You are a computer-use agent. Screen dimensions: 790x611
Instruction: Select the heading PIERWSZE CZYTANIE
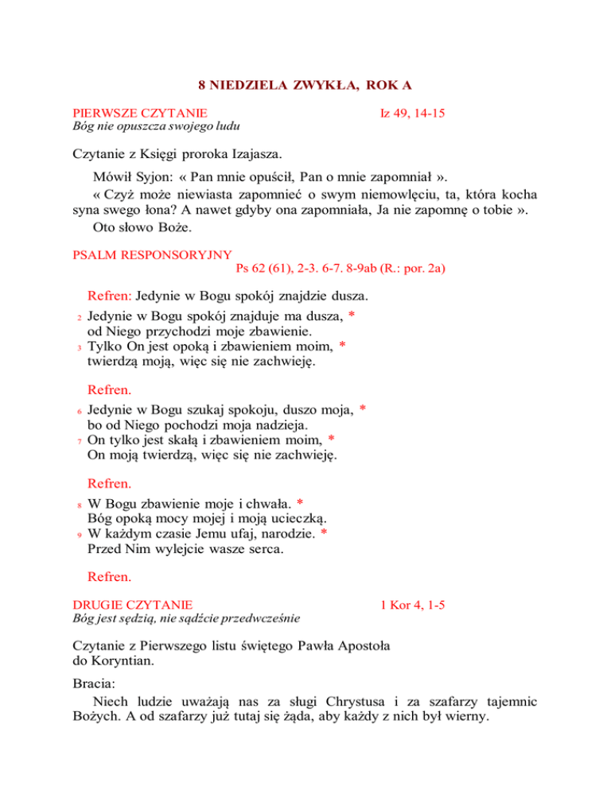point(140,114)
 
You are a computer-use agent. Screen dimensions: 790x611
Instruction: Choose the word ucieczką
point(302,519)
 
